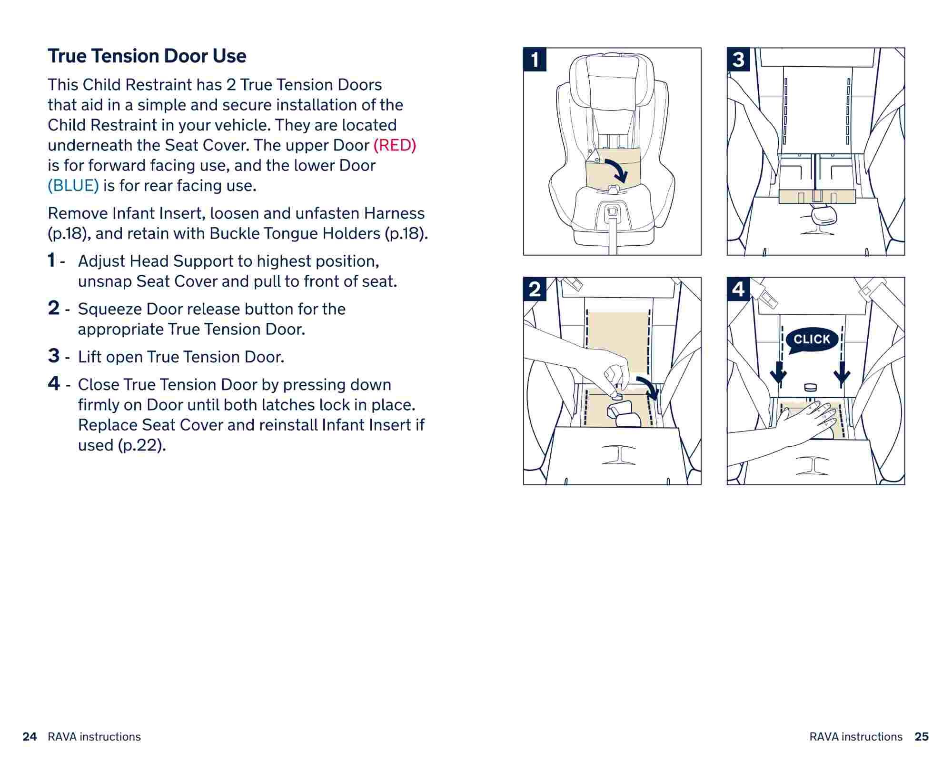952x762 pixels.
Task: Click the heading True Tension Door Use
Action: [147, 56]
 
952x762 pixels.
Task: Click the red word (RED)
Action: [395, 145]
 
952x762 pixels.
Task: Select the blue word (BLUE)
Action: [73, 186]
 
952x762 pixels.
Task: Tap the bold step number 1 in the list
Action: [51, 261]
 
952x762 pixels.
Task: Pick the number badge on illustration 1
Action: [535, 60]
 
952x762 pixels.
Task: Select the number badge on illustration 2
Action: [535, 289]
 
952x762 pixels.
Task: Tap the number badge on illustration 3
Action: [738, 60]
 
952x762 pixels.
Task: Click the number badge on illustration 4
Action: [738, 289]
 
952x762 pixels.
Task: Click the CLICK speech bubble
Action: [812, 340]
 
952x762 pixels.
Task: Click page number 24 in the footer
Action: [30, 737]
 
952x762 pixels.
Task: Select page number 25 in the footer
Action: [922, 737]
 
